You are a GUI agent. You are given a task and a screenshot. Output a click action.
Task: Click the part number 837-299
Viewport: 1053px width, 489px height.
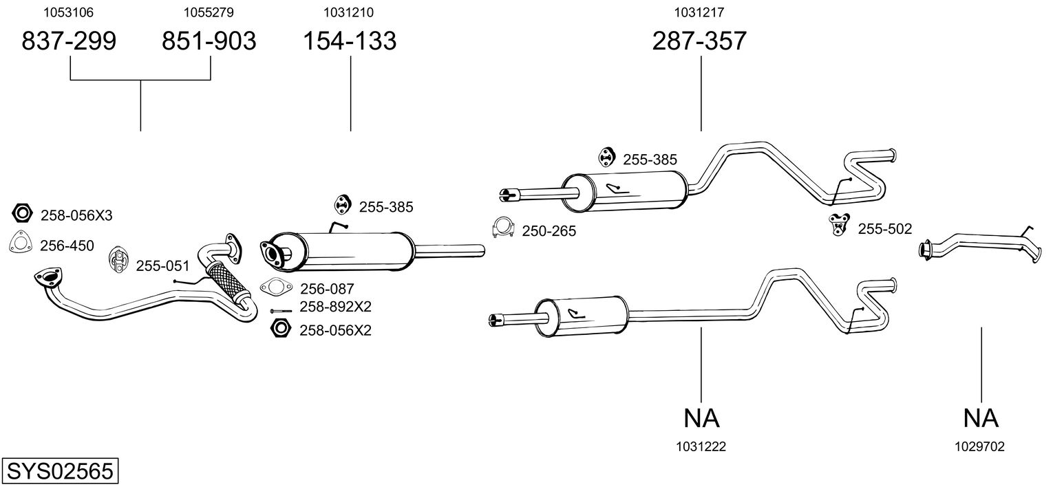point(69,41)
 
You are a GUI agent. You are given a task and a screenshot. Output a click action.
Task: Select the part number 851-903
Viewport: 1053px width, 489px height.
point(209,41)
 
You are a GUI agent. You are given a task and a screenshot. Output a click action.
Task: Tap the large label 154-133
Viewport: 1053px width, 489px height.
point(350,41)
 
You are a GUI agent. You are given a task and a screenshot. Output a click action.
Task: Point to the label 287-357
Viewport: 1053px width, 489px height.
point(699,41)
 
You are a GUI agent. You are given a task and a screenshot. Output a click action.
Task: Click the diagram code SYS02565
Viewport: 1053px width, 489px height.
point(59,472)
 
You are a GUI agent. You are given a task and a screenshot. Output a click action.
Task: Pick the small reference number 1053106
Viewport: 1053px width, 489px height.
point(69,12)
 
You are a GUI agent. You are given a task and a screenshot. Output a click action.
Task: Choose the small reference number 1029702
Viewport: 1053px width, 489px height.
point(979,446)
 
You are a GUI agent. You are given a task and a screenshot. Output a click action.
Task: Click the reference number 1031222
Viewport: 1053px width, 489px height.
point(701,446)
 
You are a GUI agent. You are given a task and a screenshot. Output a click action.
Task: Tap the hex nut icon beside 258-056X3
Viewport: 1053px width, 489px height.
point(22,214)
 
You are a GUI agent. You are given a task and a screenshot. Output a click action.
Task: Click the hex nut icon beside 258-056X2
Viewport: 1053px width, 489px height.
point(280,329)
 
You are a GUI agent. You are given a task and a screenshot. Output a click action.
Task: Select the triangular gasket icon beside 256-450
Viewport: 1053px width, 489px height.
point(22,243)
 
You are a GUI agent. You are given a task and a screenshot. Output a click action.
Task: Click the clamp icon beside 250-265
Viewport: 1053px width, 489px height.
point(504,228)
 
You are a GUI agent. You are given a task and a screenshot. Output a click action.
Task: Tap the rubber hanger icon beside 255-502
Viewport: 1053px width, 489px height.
point(838,224)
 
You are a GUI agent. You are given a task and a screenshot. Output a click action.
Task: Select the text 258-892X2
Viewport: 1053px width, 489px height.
point(335,307)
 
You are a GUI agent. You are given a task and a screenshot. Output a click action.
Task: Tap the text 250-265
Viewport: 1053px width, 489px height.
point(549,232)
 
